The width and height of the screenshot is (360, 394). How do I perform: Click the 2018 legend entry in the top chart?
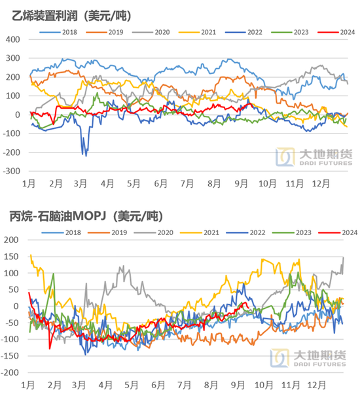click(x=58, y=32)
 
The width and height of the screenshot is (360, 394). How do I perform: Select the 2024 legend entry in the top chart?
click(x=336, y=32)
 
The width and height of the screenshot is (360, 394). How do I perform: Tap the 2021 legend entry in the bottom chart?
click(x=200, y=233)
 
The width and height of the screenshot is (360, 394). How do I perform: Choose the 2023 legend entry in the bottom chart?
click(x=292, y=233)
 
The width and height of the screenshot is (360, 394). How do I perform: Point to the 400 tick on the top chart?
click(x=12, y=39)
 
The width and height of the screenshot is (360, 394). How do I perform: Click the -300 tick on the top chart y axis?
click(x=11, y=171)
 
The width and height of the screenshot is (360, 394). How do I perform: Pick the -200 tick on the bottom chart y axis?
click(x=10, y=372)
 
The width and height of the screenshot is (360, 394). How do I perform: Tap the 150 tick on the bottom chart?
click(x=11, y=257)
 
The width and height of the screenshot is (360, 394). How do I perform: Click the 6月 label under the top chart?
click(x=160, y=184)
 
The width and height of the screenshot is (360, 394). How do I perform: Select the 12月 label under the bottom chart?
click(x=317, y=385)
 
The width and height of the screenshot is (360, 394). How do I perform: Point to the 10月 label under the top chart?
click(x=268, y=184)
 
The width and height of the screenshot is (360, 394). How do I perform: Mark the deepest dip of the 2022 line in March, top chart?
click(x=86, y=156)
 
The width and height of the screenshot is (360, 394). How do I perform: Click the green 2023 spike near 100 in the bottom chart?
click(x=53, y=274)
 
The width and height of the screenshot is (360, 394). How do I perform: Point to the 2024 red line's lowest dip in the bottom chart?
click(x=50, y=349)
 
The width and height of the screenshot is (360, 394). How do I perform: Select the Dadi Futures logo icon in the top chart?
click(x=285, y=157)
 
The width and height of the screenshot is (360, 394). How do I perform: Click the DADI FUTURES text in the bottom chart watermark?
click(x=320, y=364)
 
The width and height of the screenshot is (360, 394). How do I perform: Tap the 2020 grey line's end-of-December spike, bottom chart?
click(x=344, y=258)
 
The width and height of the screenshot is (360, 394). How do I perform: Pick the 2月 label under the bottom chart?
click(x=54, y=385)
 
